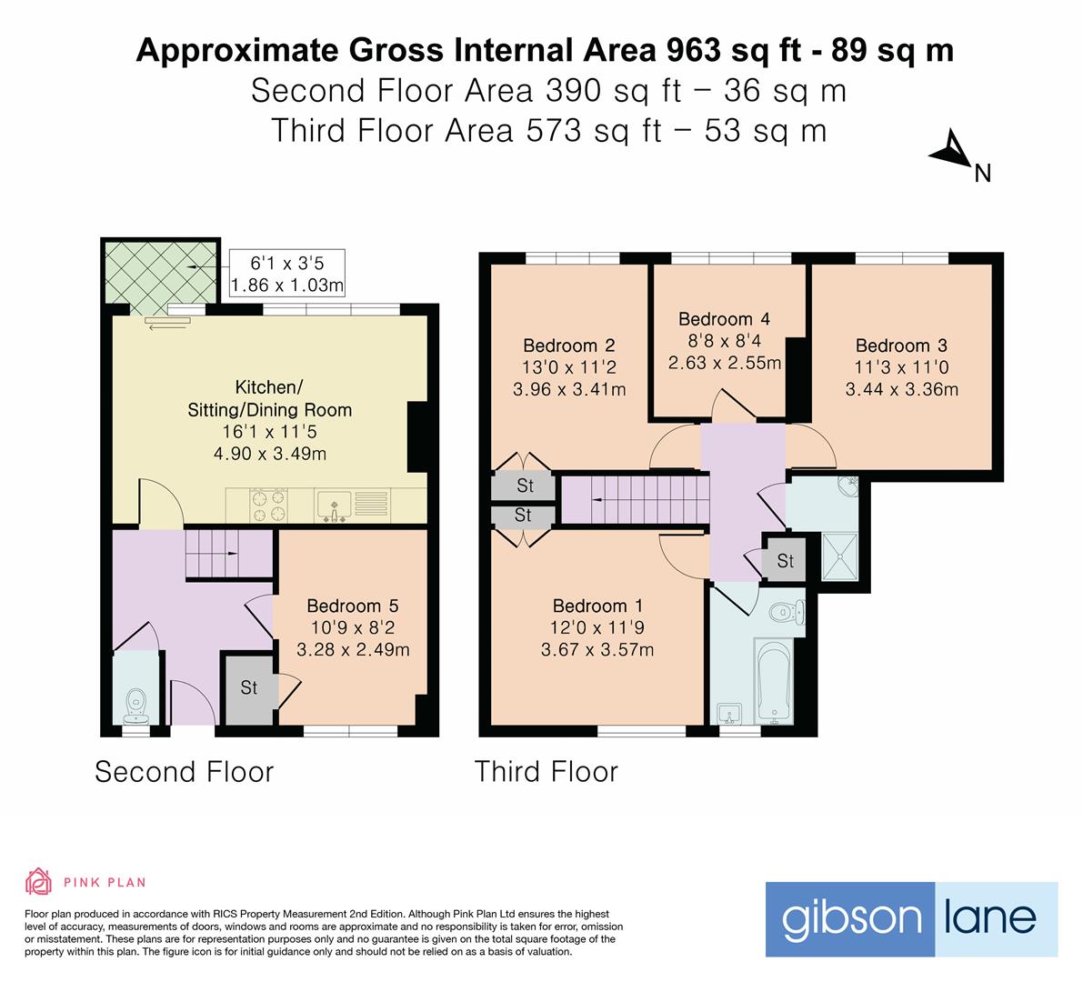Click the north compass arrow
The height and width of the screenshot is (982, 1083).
(x=951, y=151)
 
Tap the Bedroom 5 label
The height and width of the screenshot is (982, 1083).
(x=352, y=606)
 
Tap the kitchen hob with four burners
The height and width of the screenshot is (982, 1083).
(x=268, y=506)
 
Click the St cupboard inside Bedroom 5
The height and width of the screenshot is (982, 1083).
(x=248, y=688)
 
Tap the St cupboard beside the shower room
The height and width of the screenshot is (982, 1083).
(x=786, y=561)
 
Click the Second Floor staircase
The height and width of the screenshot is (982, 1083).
(x=213, y=553)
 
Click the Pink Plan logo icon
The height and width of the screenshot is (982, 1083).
(x=37, y=881)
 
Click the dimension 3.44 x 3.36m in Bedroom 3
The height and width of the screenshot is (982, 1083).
(x=901, y=390)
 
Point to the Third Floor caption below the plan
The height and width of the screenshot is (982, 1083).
(x=546, y=772)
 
